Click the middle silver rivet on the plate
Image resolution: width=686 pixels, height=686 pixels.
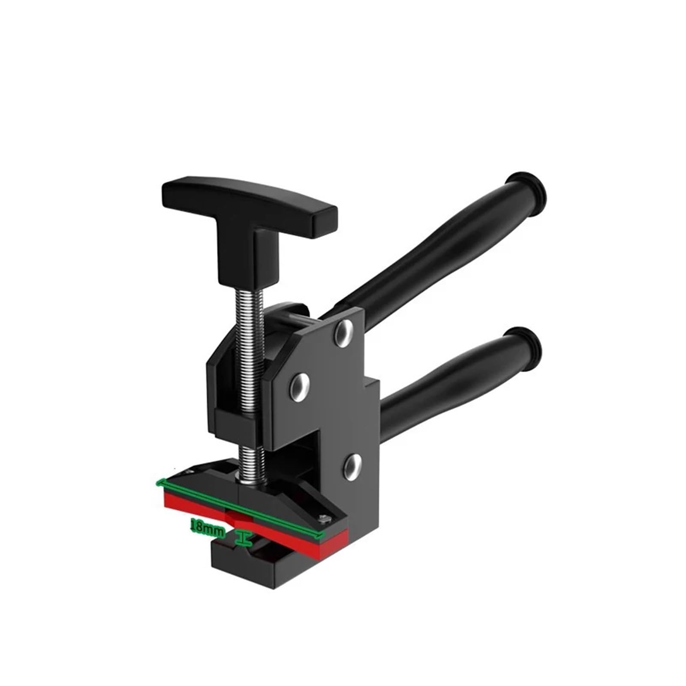point(298,382)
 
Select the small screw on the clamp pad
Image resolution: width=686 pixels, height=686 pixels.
point(325,519)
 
